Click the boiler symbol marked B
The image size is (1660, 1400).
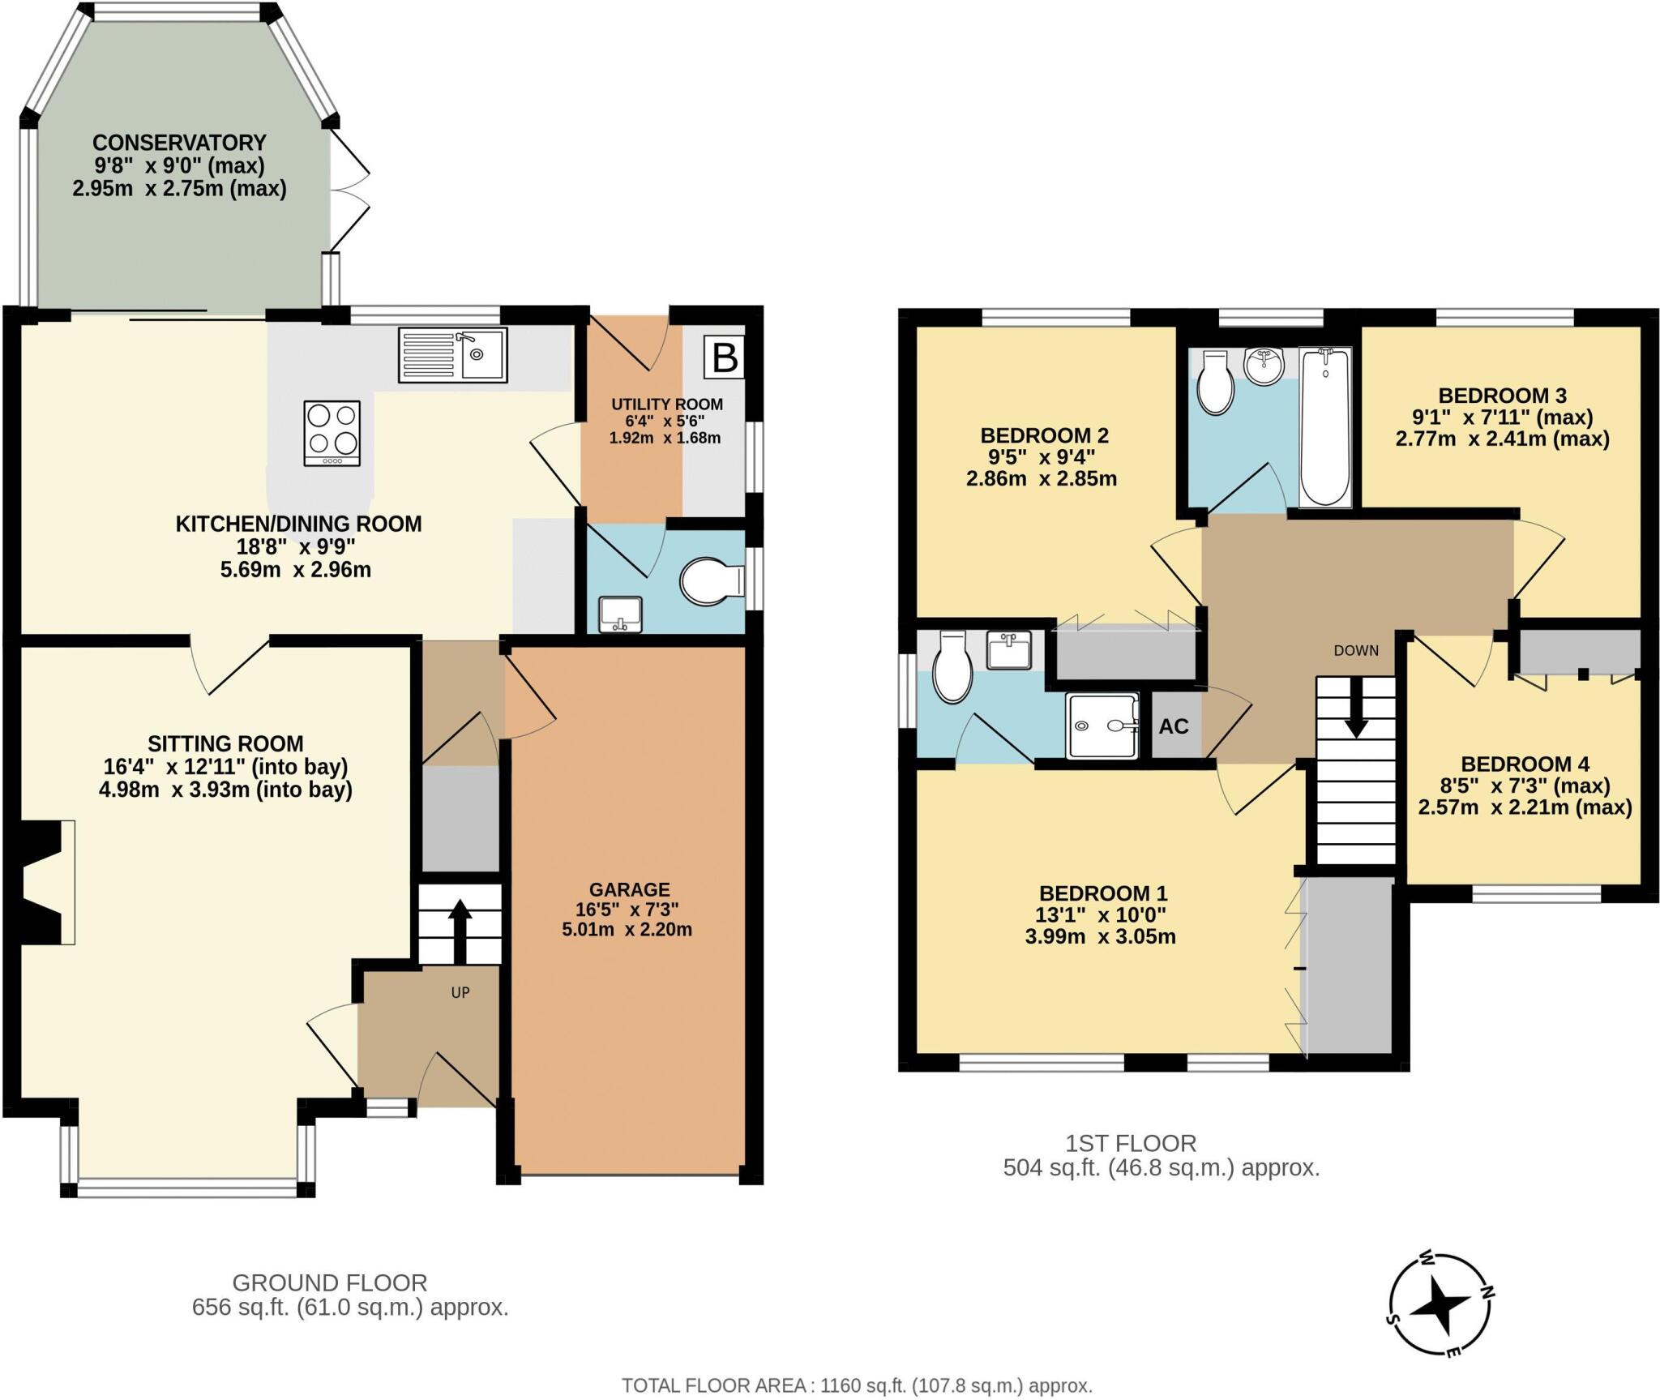[x=724, y=357]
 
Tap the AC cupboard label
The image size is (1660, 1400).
[x=1173, y=726]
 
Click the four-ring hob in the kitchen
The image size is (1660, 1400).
[x=332, y=433]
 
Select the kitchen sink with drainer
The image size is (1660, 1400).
[x=453, y=355]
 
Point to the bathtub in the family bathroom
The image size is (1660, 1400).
[x=1325, y=426]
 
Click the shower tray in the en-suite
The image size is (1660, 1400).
[x=1102, y=726]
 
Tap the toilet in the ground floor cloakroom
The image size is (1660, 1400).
[x=711, y=581]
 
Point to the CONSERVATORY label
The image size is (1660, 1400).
[x=179, y=143]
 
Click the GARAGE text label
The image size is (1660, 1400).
[x=629, y=889]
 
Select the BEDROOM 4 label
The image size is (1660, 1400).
[x=1525, y=764]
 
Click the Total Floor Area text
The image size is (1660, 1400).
[x=857, y=1385]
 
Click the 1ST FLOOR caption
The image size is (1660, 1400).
[x=1130, y=1143]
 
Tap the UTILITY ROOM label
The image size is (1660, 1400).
[x=666, y=405]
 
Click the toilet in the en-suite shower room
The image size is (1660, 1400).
[x=952, y=667]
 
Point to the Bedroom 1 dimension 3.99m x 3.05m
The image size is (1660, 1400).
[x=1100, y=937]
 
